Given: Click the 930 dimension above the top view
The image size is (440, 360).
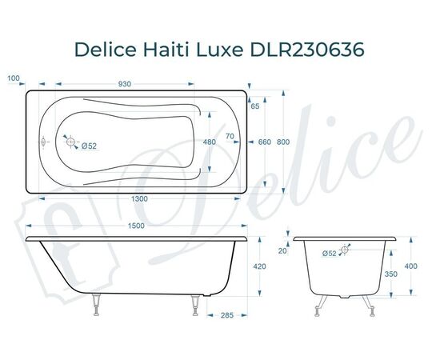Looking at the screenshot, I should click(x=125, y=83).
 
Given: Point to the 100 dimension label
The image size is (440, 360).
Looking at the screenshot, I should click(x=13, y=78).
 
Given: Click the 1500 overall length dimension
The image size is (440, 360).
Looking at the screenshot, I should click(x=136, y=226).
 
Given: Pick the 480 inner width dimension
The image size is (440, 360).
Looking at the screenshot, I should click(x=210, y=142).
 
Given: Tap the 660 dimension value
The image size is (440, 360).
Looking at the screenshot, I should click(x=265, y=142).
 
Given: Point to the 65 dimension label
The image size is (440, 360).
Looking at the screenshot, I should click(x=255, y=106).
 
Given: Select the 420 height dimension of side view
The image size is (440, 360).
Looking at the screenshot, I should click(x=260, y=266).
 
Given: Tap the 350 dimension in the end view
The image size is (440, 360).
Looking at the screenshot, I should click(x=390, y=274).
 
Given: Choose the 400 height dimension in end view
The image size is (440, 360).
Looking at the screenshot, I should click(x=410, y=266).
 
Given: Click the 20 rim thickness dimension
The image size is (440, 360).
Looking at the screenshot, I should click(x=282, y=250).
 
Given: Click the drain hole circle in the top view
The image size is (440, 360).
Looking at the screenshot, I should click(x=73, y=143).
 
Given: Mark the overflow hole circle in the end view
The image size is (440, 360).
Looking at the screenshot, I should click(x=345, y=250).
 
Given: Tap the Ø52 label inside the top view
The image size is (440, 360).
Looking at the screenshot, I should click(x=88, y=145).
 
